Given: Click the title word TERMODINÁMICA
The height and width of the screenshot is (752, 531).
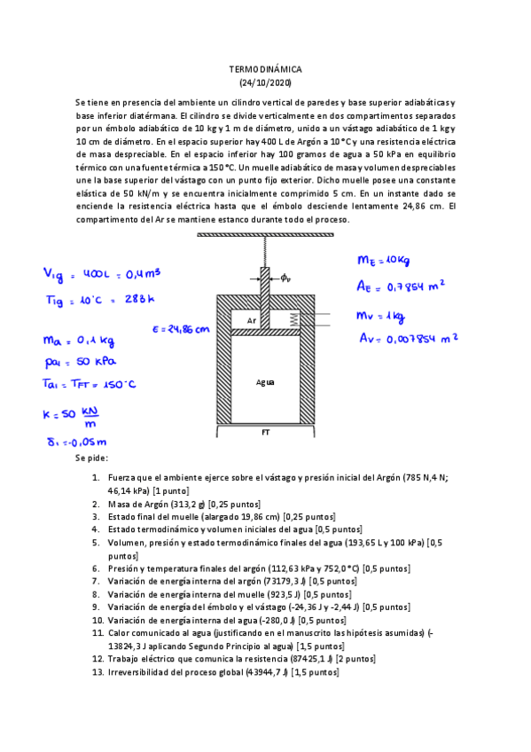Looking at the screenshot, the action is (265, 68).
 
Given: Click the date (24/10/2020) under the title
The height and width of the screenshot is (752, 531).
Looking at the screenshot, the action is (265, 82).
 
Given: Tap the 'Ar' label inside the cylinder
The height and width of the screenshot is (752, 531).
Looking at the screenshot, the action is (252, 320).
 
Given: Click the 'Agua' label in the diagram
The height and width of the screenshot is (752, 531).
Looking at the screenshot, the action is (265, 382).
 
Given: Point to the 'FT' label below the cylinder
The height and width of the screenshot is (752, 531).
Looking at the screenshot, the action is (265, 433).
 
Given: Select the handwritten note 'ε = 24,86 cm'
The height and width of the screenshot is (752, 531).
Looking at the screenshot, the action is (181, 328).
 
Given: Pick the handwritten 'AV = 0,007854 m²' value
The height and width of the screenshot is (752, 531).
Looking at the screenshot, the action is (408, 337).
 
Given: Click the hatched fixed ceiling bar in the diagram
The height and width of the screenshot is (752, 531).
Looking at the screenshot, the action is (265, 235).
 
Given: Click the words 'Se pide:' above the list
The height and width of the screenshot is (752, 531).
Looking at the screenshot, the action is (92, 459).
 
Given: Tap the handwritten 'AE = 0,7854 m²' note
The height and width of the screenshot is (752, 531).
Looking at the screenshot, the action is (400, 286).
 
